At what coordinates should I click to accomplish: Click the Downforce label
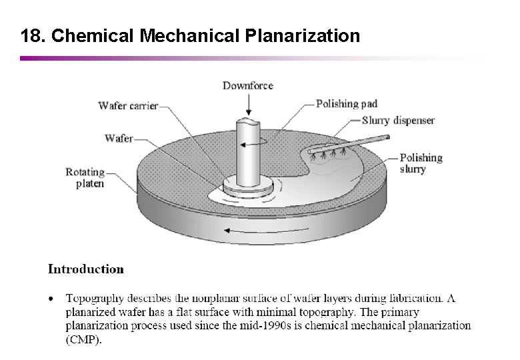(x=247, y=85)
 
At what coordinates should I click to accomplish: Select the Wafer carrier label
(x=128, y=105)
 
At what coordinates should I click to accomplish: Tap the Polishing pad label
(x=346, y=104)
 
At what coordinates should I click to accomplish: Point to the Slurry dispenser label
(x=398, y=121)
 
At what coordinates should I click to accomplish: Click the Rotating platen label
(x=85, y=177)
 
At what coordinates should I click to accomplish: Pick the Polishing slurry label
(x=421, y=163)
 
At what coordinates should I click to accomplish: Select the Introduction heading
(x=85, y=270)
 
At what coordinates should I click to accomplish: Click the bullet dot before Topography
(x=51, y=298)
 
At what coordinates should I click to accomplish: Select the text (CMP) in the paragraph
(x=84, y=339)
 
